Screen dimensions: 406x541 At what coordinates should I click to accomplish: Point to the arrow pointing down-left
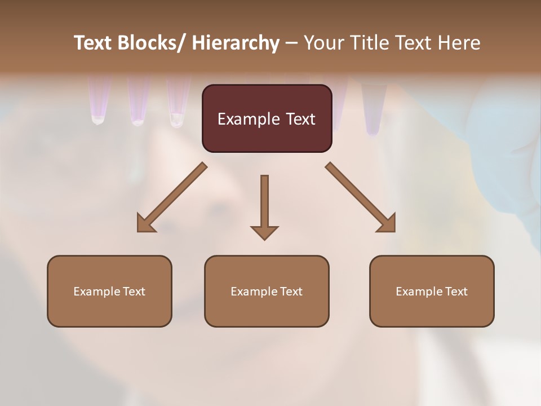[x=172, y=197]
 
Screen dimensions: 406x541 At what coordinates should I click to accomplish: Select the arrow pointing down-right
[x=361, y=197]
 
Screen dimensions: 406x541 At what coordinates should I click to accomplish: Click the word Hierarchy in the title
[x=236, y=43]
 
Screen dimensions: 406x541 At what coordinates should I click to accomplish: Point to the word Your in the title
[x=323, y=43]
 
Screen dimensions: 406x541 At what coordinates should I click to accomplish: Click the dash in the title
[x=291, y=43]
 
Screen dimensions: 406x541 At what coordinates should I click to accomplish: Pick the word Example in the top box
[x=248, y=119]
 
